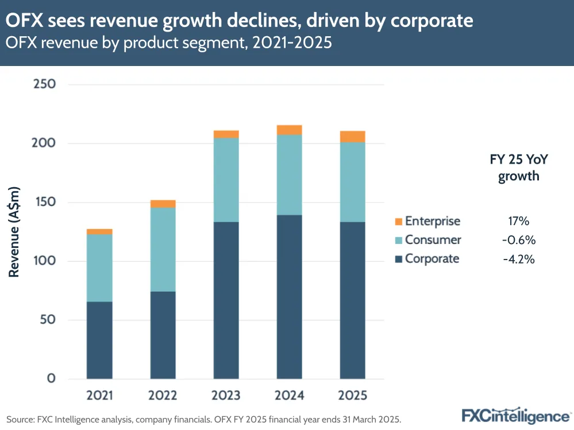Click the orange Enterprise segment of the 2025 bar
tap(353, 137)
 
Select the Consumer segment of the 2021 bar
tap(99, 268)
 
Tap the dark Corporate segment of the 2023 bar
tap(226, 300)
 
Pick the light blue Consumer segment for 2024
tap(289, 175)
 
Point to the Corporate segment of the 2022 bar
tap(163, 335)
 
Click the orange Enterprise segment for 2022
tap(163, 204)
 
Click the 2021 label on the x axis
tap(100, 396)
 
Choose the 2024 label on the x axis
tap(289, 396)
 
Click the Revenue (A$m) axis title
tap(14, 232)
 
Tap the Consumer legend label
tap(433, 240)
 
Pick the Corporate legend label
tap(432, 258)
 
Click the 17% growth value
tap(518, 221)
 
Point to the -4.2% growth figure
tap(518, 259)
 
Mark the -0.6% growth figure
tap(518, 240)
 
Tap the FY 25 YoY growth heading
tap(518, 168)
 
